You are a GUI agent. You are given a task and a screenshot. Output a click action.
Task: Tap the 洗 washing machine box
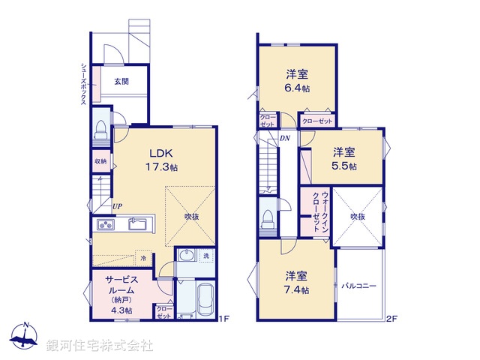pyautogui.click(x=205, y=256)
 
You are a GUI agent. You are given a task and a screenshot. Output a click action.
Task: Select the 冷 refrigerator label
pyautogui.click(x=143, y=258)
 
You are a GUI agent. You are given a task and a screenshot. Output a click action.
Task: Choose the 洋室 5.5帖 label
pyautogui.click(x=345, y=158)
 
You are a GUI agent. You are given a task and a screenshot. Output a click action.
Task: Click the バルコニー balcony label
pyautogui.click(x=358, y=286)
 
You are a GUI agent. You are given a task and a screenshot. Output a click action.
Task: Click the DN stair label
pyautogui.click(x=285, y=138)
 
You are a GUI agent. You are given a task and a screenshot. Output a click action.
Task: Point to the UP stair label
pyautogui.click(x=118, y=206)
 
